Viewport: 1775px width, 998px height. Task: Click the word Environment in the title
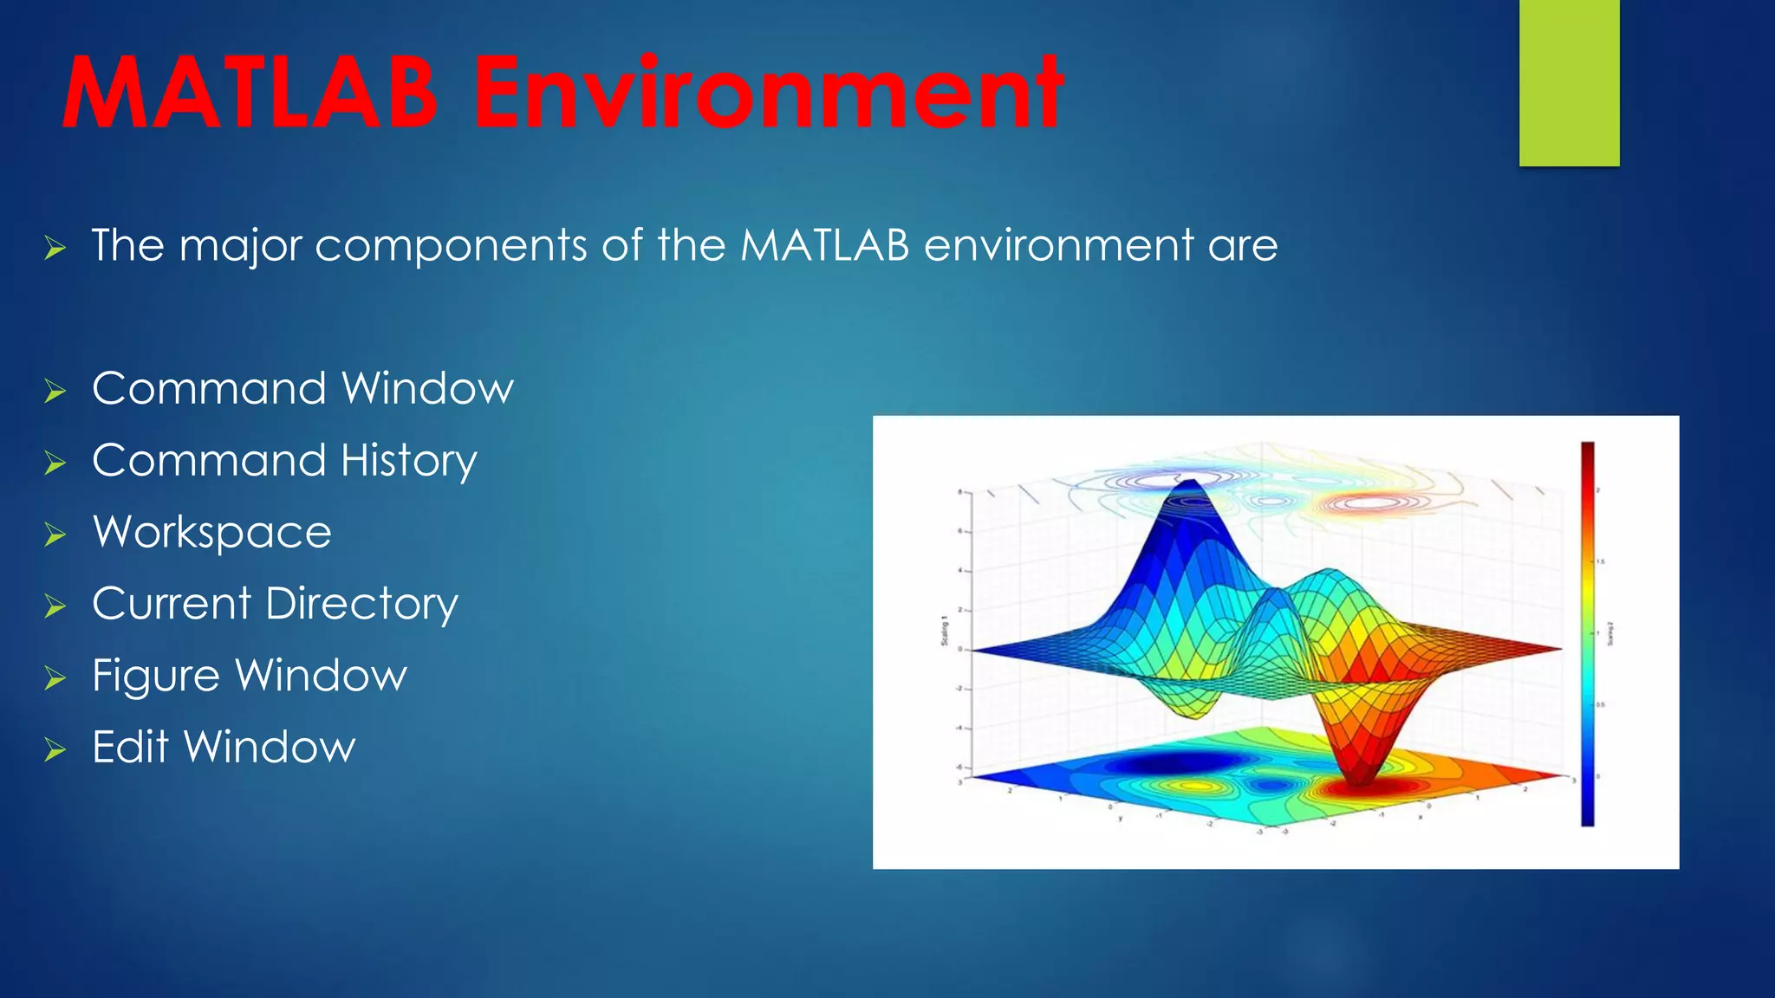pos(768,94)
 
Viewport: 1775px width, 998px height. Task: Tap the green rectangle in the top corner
pos(1569,82)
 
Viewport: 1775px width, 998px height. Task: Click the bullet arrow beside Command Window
pos(55,392)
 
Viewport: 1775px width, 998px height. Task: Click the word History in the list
pos(408,461)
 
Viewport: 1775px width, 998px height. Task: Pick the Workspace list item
pos(211,533)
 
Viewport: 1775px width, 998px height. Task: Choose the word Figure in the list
pos(155,676)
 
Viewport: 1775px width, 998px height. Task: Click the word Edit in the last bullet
pos(130,747)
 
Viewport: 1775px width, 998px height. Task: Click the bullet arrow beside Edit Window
pos(55,749)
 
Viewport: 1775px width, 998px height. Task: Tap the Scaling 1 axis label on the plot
pos(945,633)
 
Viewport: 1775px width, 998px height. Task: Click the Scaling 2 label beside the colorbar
pos(1610,633)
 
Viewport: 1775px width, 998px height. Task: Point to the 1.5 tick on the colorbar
pos(1601,562)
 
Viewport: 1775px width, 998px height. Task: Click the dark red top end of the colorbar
pos(1587,450)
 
